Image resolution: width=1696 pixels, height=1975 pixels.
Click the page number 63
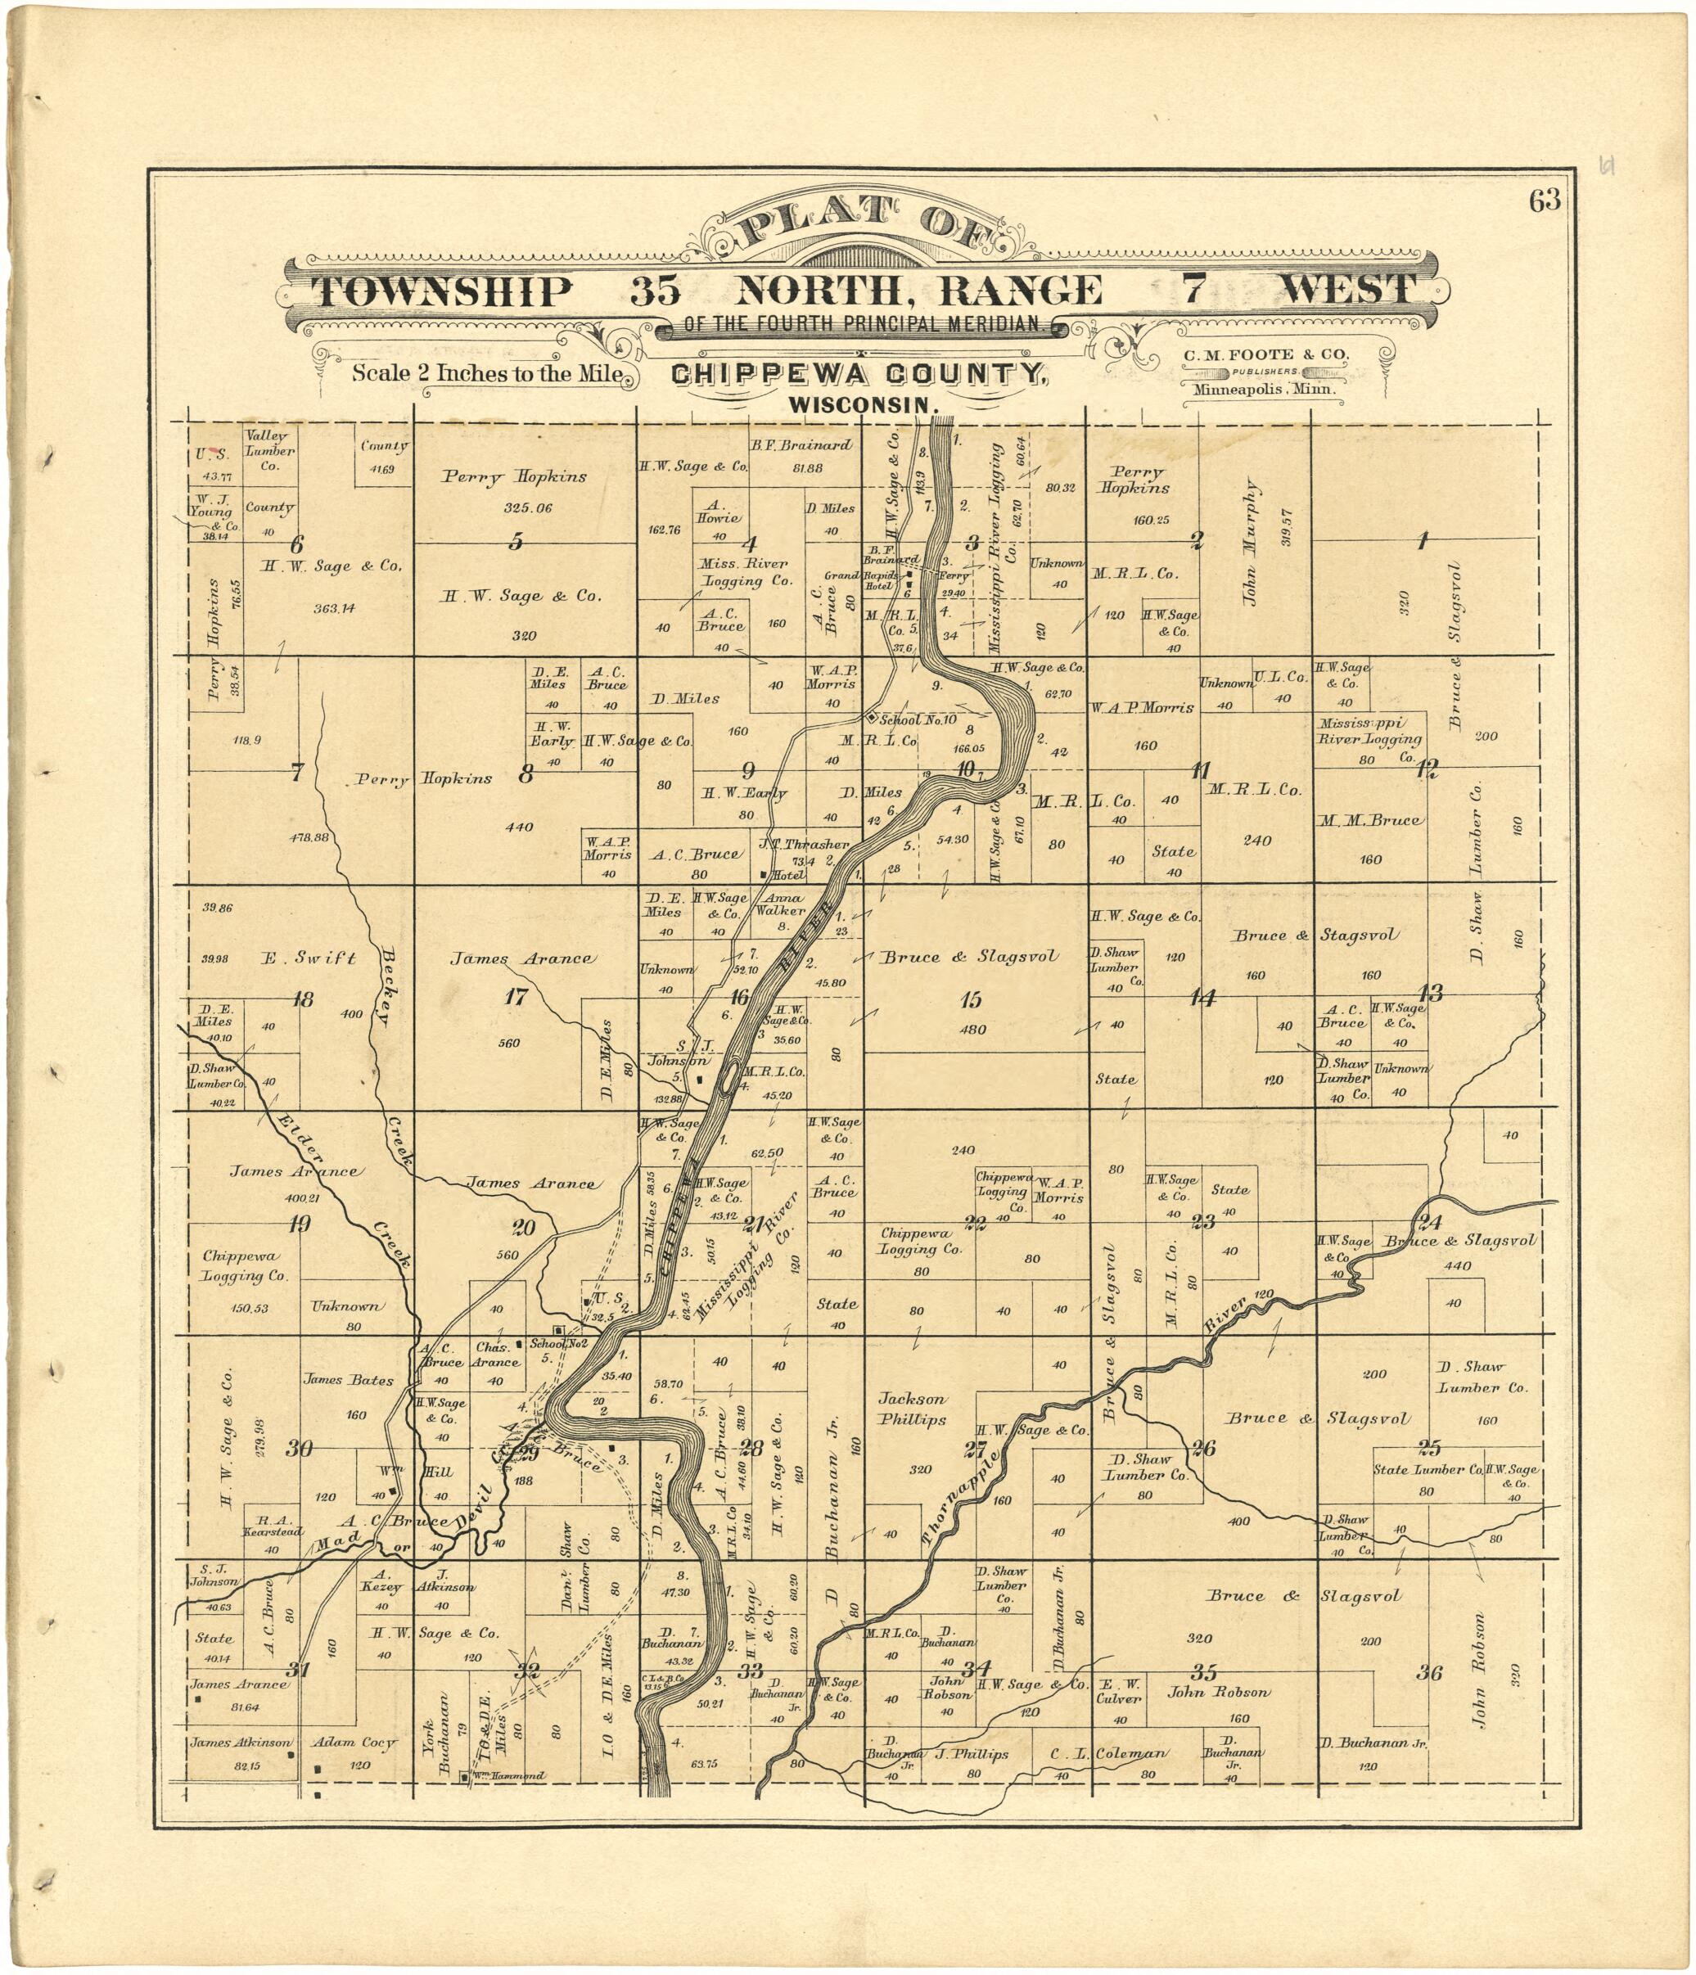coord(1545,201)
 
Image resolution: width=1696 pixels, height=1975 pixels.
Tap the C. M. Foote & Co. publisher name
coord(1266,354)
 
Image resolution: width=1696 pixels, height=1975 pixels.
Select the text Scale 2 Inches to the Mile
coord(487,374)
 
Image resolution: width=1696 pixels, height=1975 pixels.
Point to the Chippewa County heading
coord(859,375)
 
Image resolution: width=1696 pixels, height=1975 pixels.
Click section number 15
coord(971,1000)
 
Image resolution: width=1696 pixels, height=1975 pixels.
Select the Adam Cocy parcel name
coord(354,1743)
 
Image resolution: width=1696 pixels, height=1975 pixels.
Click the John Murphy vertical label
coord(1250,543)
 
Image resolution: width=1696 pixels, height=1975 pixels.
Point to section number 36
coord(1429,1673)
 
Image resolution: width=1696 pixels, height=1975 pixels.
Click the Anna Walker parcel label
coord(780,904)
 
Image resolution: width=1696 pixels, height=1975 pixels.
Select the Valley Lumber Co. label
coord(270,451)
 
